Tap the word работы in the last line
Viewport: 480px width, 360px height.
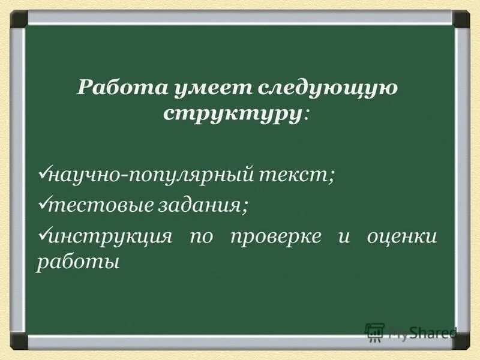click(x=74, y=263)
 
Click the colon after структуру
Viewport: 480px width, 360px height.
click(x=307, y=115)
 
